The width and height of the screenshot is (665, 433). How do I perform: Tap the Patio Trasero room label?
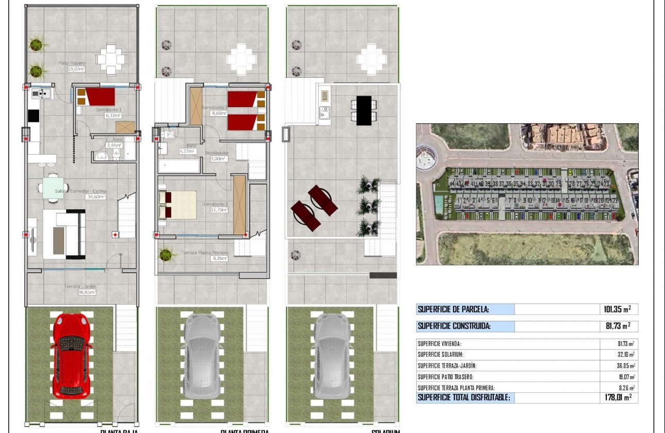point(72,65)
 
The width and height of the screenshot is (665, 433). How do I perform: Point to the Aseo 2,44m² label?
point(113,142)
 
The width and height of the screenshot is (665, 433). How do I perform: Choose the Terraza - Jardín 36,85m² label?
point(80,289)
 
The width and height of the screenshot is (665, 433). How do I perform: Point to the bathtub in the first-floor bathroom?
point(179,166)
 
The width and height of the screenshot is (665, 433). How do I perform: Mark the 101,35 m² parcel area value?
point(617,309)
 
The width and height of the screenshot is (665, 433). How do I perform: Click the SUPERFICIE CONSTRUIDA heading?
point(454,326)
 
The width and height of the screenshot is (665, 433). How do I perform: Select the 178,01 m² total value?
point(617,397)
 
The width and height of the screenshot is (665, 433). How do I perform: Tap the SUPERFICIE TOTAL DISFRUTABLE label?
point(464,397)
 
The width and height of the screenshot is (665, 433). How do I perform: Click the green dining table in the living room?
point(54,185)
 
